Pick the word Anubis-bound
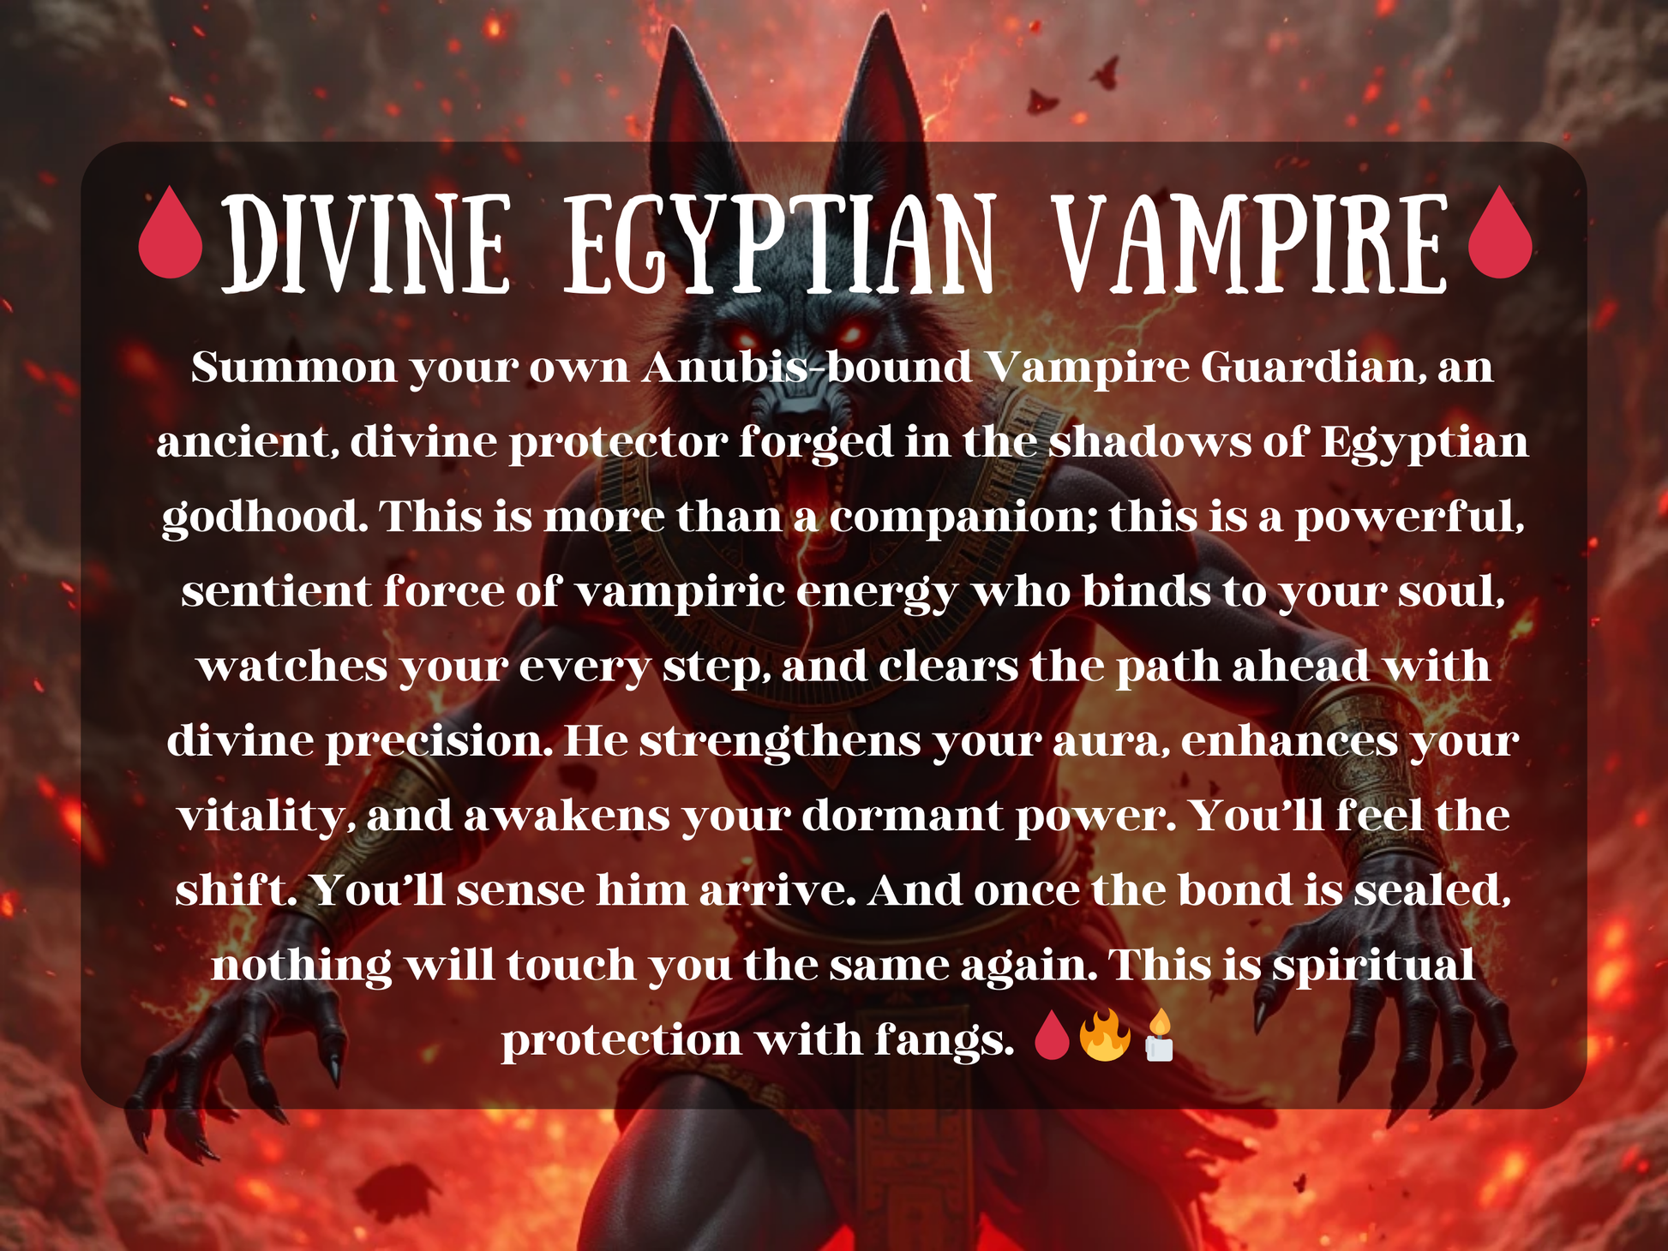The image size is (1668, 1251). point(807,368)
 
